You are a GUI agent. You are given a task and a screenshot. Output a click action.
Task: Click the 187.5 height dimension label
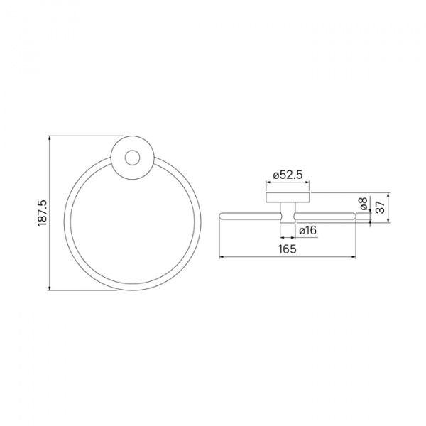(x=43, y=213)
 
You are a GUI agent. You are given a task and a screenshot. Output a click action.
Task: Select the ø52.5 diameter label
(x=288, y=175)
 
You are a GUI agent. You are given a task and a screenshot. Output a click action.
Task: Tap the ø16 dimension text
(x=308, y=231)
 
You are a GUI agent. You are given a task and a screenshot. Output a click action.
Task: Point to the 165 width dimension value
(x=288, y=248)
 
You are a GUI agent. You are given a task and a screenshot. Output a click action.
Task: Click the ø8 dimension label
(x=363, y=204)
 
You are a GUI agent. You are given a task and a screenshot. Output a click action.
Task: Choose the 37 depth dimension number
(x=381, y=207)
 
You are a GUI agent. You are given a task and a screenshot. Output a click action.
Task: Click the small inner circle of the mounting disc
(x=132, y=158)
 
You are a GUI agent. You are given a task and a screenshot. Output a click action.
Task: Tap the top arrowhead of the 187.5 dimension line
(x=49, y=138)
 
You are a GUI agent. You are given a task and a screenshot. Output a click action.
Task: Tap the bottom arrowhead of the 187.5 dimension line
(x=49, y=288)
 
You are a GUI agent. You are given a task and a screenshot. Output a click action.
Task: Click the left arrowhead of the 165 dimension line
(x=221, y=256)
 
